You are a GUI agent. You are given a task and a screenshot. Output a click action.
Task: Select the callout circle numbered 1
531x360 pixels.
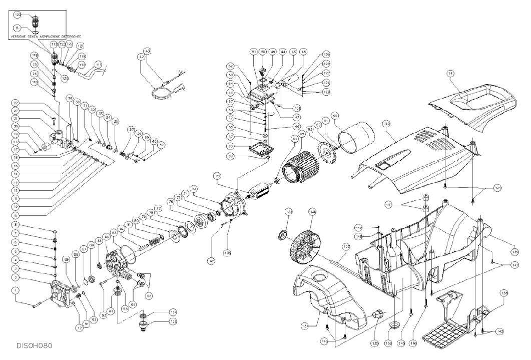coord(16,290)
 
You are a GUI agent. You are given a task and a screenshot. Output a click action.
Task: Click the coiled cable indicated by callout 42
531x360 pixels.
coord(161,89)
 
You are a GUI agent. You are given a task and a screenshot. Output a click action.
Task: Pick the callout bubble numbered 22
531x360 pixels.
coord(16,103)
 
